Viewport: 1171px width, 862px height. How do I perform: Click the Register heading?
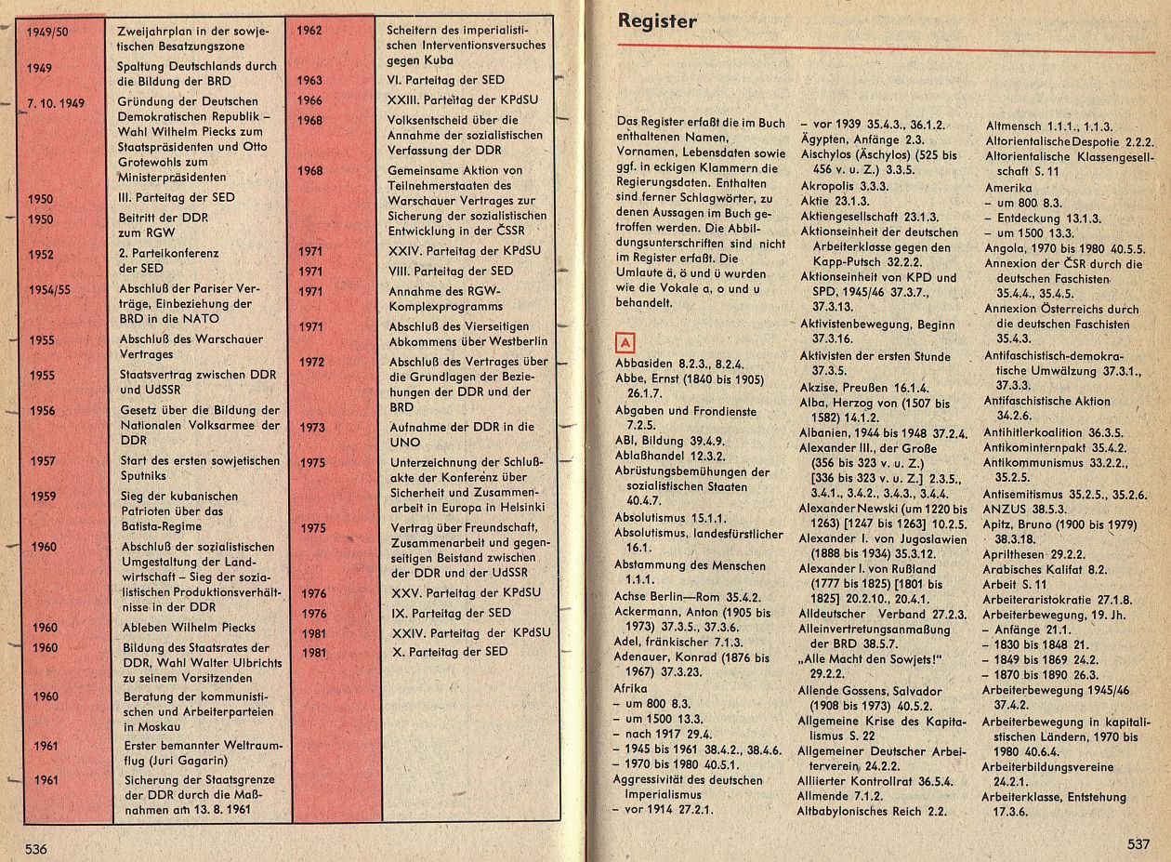tap(657, 22)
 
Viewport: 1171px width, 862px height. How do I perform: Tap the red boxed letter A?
tap(626, 342)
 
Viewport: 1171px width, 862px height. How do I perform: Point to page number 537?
tap(1138, 844)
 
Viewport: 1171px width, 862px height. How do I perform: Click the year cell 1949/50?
tap(48, 32)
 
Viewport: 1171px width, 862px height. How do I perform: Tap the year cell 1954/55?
tap(49, 289)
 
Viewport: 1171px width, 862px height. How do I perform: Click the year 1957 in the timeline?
tap(43, 461)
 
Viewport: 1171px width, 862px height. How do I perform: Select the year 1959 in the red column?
tap(43, 496)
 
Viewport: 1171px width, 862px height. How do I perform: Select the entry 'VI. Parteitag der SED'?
tap(446, 80)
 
